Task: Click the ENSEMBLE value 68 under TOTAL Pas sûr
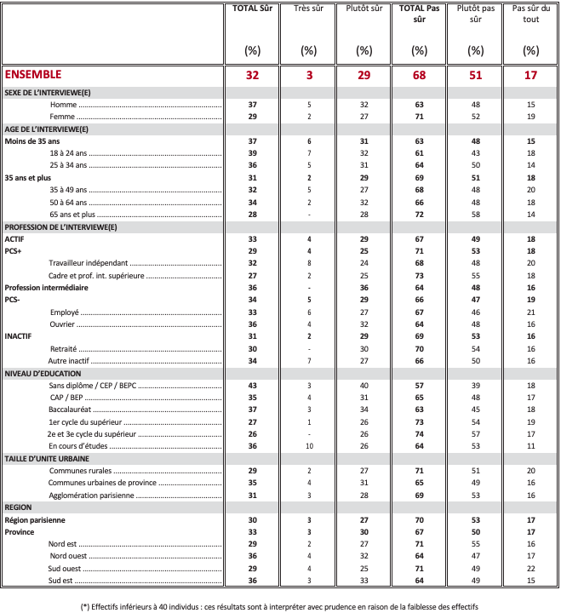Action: pyautogui.click(x=419, y=75)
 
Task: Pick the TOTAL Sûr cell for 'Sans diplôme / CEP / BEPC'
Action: pyautogui.click(x=252, y=386)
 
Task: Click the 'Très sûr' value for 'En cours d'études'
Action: pyautogui.click(x=309, y=445)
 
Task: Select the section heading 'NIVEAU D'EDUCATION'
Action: pyautogui.click(x=43, y=374)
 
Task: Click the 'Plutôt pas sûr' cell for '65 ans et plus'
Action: pyautogui.click(x=475, y=215)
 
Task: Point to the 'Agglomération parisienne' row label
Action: pyautogui.click(x=92, y=495)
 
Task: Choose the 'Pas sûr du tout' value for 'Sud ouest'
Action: pyautogui.click(x=530, y=568)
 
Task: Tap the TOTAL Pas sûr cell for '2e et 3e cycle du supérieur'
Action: pyautogui.click(x=419, y=433)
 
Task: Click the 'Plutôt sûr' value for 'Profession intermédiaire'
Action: pyautogui.click(x=364, y=288)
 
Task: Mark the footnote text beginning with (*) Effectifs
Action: pyautogui.click(x=280, y=606)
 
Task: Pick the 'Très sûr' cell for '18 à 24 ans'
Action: pyautogui.click(x=309, y=152)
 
